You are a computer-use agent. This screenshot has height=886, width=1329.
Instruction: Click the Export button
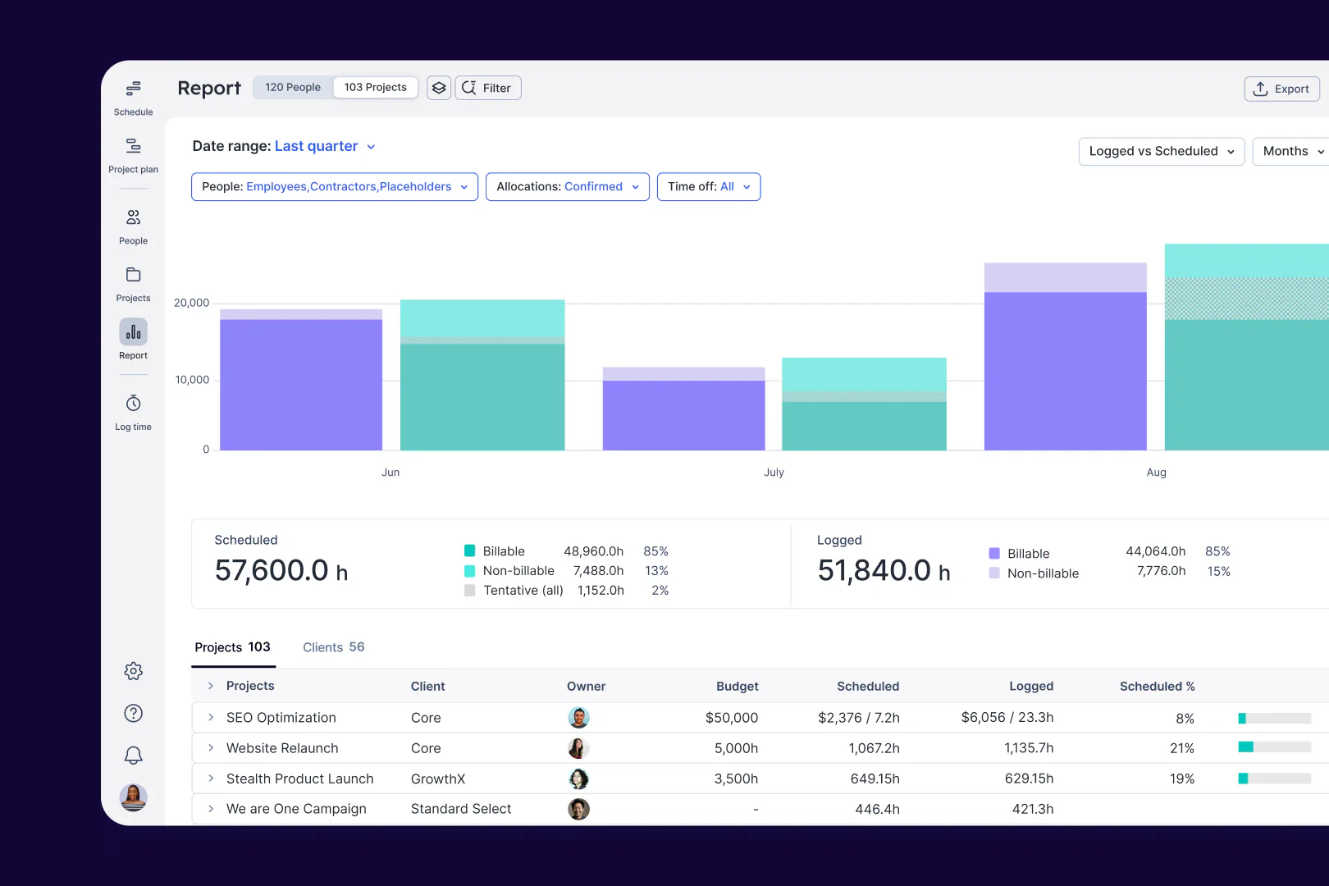click(x=1281, y=89)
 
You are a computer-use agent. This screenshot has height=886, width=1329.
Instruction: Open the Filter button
click(x=488, y=88)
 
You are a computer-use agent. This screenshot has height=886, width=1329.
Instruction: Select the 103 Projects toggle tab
click(x=375, y=87)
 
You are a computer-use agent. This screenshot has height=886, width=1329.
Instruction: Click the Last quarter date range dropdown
click(x=324, y=146)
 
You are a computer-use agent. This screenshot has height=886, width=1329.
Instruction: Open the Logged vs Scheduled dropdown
click(x=1161, y=151)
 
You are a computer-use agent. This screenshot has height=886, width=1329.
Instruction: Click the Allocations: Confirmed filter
click(x=567, y=187)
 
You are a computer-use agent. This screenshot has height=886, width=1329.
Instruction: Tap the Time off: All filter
click(x=708, y=187)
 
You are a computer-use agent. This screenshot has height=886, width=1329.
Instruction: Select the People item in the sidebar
click(x=133, y=226)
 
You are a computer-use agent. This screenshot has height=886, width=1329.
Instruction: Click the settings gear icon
click(x=133, y=671)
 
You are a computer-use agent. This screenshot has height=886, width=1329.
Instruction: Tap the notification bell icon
click(x=133, y=755)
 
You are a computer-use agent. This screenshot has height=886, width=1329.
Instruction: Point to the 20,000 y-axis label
click(x=191, y=303)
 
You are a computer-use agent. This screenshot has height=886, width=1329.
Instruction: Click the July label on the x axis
click(x=774, y=473)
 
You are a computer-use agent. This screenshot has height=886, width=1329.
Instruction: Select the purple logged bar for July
click(x=683, y=414)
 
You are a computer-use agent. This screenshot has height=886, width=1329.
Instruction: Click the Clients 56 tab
click(x=333, y=647)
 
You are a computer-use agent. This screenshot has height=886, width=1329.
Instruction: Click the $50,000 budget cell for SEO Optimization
click(x=731, y=718)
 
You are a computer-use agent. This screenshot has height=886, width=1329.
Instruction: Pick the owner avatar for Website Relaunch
click(x=578, y=748)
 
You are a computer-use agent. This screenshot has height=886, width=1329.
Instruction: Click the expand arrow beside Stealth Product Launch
click(x=211, y=779)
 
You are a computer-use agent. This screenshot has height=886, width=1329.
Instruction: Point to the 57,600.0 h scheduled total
click(x=281, y=570)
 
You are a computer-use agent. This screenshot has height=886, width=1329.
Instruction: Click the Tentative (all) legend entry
click(x=523, y=591)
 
